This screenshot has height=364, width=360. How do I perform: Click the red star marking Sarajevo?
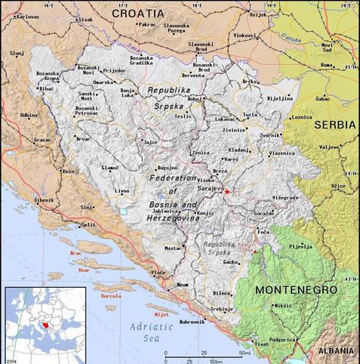click(227, 192)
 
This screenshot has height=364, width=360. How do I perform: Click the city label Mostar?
click(174, 247)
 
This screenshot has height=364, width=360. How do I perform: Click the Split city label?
click(89, 225)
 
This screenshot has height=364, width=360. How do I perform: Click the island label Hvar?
click(84, 270)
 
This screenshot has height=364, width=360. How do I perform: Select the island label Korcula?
click(110, 296)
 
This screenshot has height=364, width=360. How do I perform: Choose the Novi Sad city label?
click(326, 47)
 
